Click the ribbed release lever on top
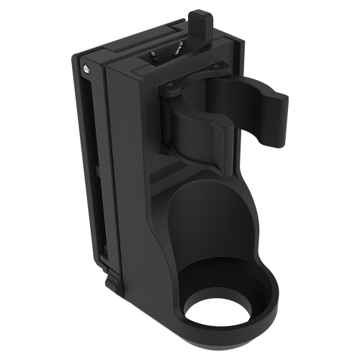coord(199,22)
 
